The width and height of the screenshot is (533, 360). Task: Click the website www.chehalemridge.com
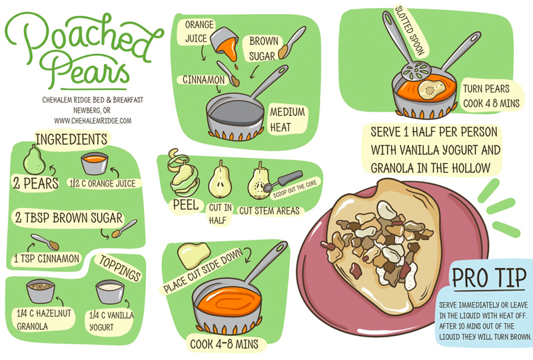93,121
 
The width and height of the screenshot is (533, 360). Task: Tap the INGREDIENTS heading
71,139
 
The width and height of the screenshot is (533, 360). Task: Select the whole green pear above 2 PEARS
34,160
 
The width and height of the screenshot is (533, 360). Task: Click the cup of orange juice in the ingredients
95,164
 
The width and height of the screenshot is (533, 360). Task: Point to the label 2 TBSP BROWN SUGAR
69,218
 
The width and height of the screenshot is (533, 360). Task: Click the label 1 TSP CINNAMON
47,259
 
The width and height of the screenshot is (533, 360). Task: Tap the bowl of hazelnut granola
41,291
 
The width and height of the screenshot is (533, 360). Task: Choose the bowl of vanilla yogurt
110,292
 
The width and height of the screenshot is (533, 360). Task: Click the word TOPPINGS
120,268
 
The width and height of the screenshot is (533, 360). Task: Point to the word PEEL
186,205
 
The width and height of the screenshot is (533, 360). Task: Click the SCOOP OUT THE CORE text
295,189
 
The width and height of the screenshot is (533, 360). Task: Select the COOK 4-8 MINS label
225,344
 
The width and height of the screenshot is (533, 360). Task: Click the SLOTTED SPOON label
410,31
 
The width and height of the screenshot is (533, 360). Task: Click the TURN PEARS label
486,89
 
